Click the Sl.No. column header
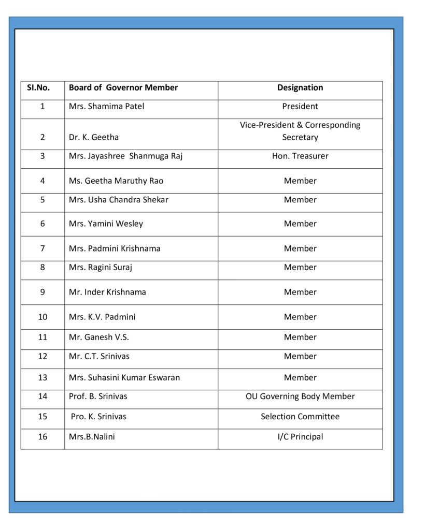pyautogui.click(x=38, y=88)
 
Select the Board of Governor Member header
pyautogui.click(x=123, y=88)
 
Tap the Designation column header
pyautogui.click(x=300, y=88)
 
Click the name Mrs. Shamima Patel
pyautogui.click(x=107, y=107)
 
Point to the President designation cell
pyautogui.click(x=300, y=107)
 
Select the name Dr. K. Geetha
pyautogui.click(x=94, y=138)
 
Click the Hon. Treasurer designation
pyautogui.click(x=300, y=156)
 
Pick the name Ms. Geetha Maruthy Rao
pyautogui.click(x=116, y=181)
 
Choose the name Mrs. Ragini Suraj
pyautogui.click(x=101, y=268)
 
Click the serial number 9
pyautogui.click(x=42, y=292)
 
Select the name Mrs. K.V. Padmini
pyautogui.click(x=102, y=317)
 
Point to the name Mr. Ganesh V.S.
pyautogui.click(x=99, y=337)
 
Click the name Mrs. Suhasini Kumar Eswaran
pyautogui.click(x=124, y=378)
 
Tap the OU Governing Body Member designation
pyautogui.click(x=300, y=397)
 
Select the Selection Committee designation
pyautogui.click(x=300, y=417)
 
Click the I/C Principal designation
pyautogui.click(x=300, y=437)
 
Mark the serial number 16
pyautogui.click(x=42, y=437)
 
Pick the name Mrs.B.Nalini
pyautogui.click(x=92, y=437)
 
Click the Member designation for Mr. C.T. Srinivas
pyautogui.click(x=300, y=357)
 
